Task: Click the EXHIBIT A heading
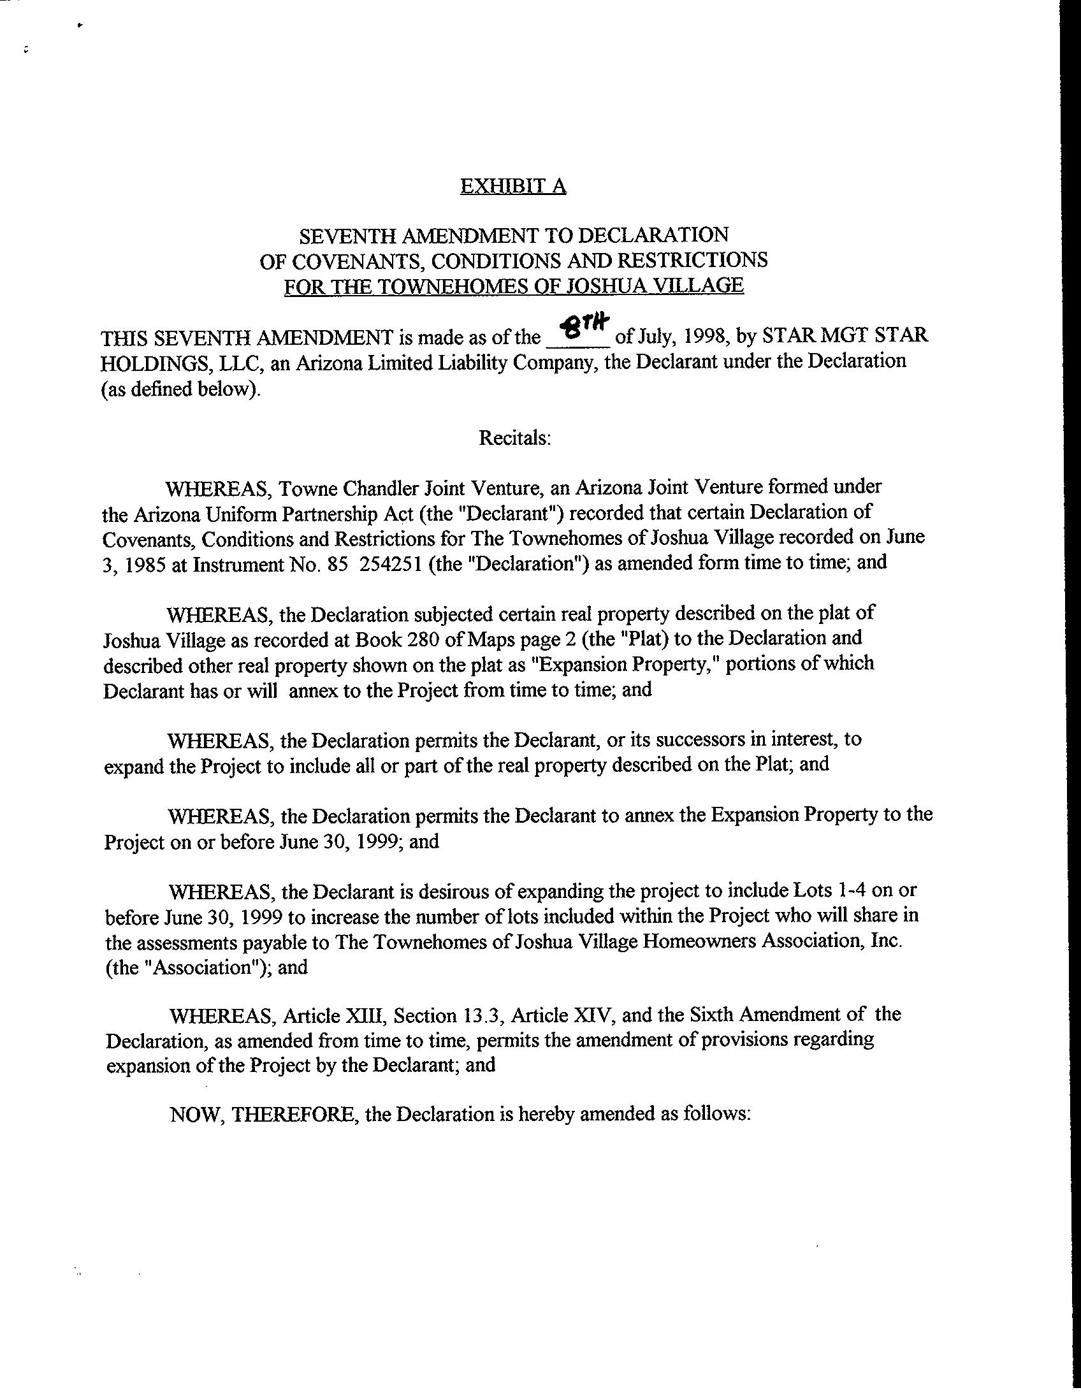tap(513, 186)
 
